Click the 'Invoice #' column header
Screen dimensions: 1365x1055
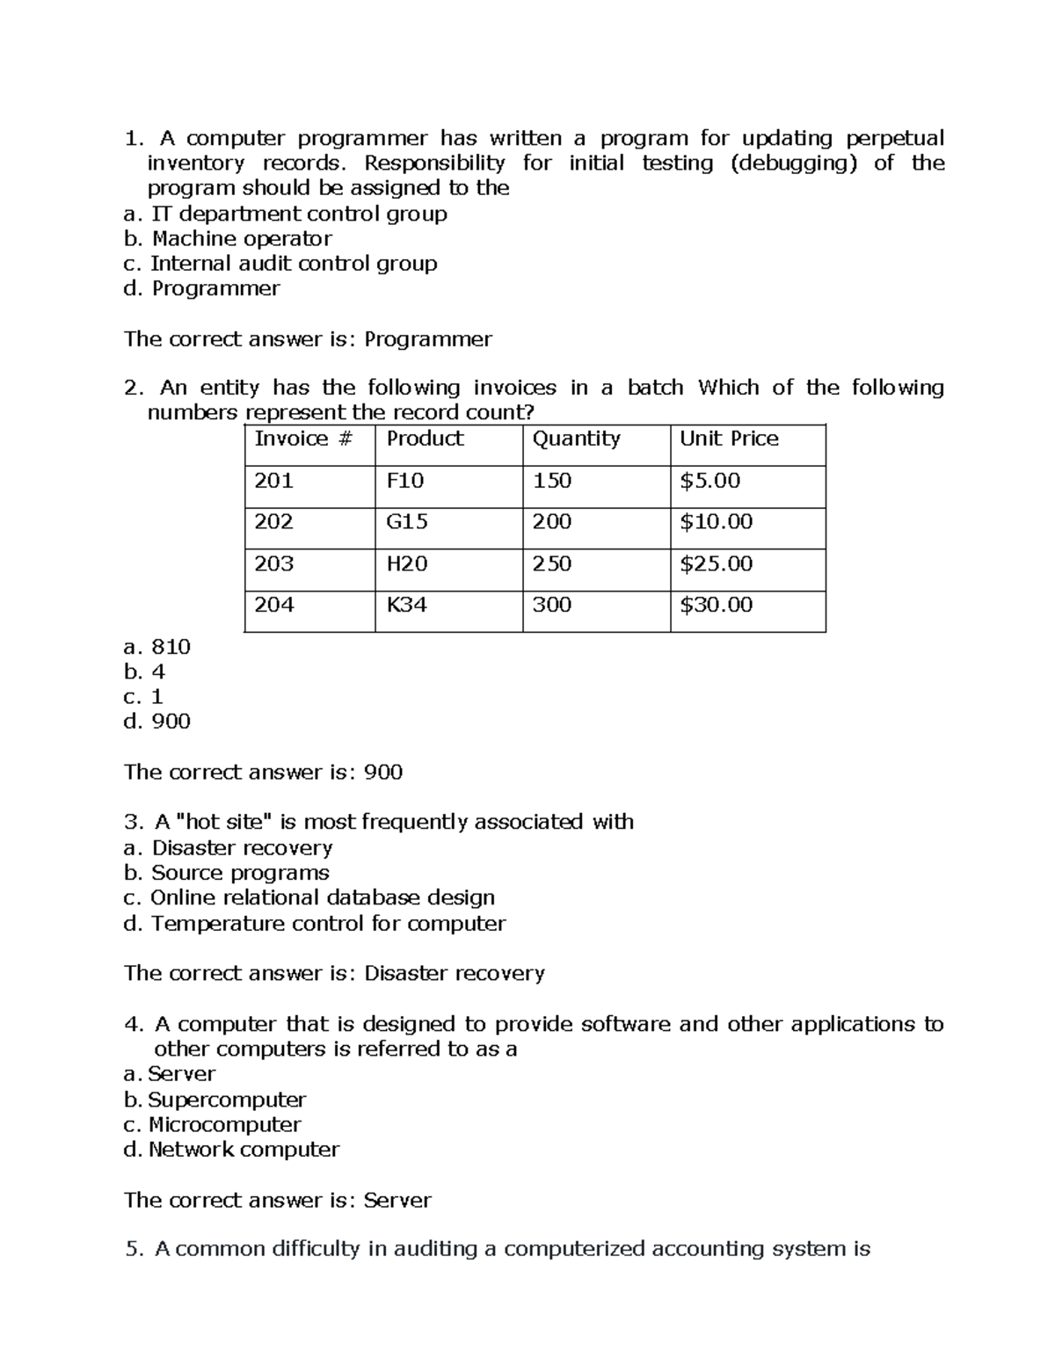click(x=302, y=439)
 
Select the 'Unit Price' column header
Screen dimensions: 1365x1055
click(x=729, y=439)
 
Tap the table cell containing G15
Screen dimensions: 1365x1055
click(x=407, y=522)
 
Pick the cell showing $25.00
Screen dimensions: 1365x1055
click(x=716, y=563)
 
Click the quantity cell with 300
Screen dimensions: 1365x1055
click(x=551, y=605)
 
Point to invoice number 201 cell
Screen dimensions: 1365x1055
click(x=273, y=481)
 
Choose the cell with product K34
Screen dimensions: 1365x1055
click(x=406, y=605)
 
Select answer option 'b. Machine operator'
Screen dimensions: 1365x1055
click(x=228, y=239)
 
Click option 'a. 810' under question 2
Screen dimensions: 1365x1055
click(x=157, y=647)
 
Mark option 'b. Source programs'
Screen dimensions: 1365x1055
click(x=226, y=873)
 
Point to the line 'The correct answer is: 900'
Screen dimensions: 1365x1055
click(x=263, y=773)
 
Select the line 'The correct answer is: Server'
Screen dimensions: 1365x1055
click(x=277, y=1201)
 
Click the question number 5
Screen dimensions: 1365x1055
click(x=133, y=1249)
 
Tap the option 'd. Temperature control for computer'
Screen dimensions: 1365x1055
click(x=314, y=924)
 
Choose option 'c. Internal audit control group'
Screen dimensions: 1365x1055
click(x=280, y=264)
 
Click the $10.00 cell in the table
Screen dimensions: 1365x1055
click(x=716, y=522)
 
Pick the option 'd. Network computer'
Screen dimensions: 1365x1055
click(x=231, y=1150)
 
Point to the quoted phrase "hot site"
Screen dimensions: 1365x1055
click(x=224, y=823)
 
